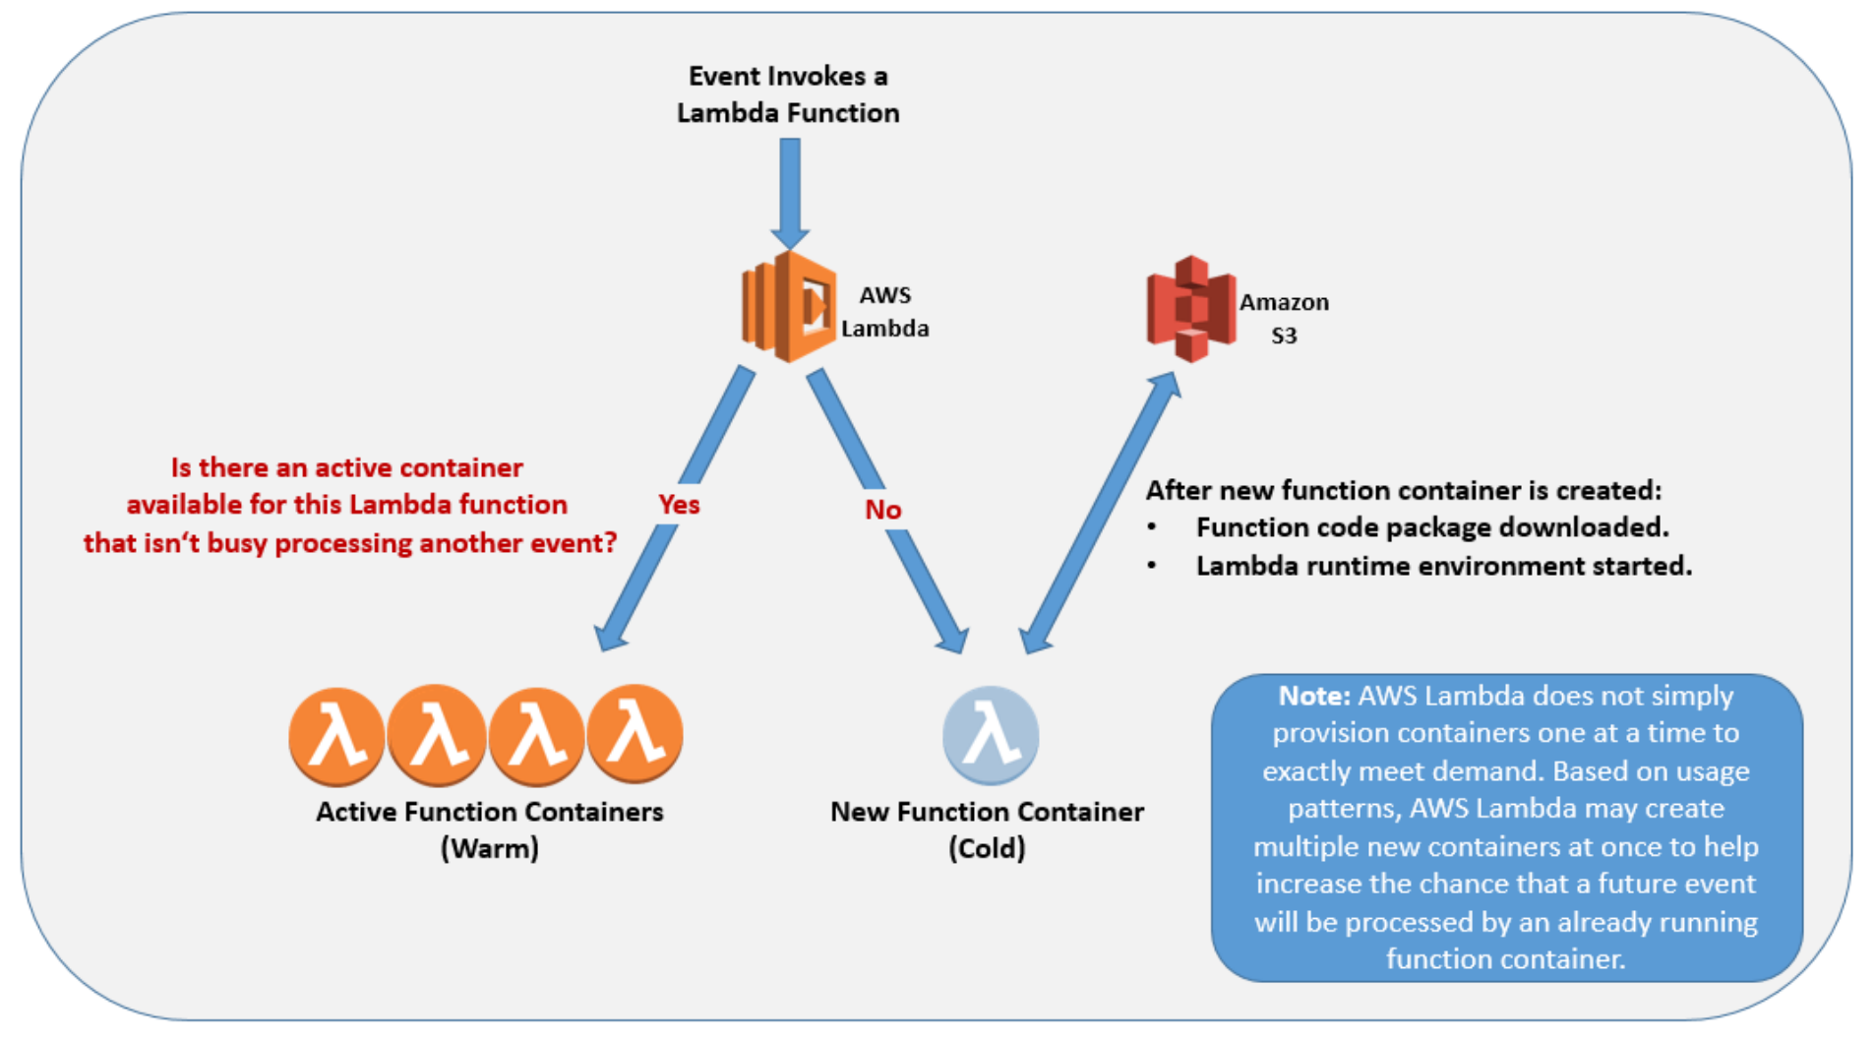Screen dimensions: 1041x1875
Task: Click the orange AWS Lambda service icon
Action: pyautogui.click(x=788, y=306)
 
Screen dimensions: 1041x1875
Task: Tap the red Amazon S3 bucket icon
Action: pyautogui.click(x=1190, y=308)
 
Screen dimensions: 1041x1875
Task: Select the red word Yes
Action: pyautogui.click(x=679, y=505)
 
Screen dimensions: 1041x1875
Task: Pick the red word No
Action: pyautogui.click(x=882, y=510)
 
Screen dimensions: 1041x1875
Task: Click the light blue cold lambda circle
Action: pyautogui.click(x=990, y=735)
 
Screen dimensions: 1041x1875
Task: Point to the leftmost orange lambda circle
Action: pyautogui.click(x=336, y=736)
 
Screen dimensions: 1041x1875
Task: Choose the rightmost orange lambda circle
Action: pyautogui.click(x=635, y=734)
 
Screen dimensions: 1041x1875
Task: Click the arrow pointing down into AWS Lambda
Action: pyautogui.click(x=789, y=192)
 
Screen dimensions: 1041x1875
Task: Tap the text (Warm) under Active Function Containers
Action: pyautogui.click(x=489, y=848)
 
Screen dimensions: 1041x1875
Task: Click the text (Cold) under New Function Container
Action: pyautogui.click(x=987, y=848)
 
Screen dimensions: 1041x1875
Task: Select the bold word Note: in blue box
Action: pyautogui.click(x=1314, y=697)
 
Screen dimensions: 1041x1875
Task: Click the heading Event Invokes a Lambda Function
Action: pyautogui.click(x=788, y=94)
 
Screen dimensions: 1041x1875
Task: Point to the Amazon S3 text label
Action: pyautogui.click(x=1284, y=318)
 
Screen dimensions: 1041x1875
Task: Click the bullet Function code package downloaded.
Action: pyautogui.click(x=1431, y=528)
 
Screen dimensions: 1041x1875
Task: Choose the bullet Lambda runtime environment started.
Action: pyautogui.click(x=1443, y=567)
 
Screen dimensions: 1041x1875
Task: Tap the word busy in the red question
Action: pyautogui.click(x=236, y=544)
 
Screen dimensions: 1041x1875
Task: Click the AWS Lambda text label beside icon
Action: pyautogui.click(x=884, y=311)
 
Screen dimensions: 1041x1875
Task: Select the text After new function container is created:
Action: pyautogui.click(x=1403, y=490)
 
